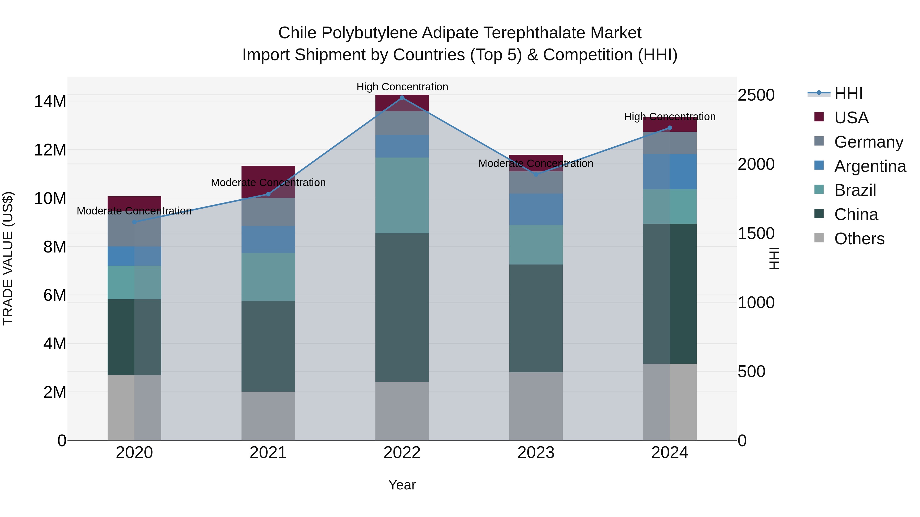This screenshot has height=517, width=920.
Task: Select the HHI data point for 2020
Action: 134,222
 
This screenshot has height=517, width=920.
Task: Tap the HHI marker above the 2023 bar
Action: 536,174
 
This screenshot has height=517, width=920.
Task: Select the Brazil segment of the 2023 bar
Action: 536,245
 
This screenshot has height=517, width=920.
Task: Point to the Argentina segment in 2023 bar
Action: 536,209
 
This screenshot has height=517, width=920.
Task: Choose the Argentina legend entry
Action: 870,166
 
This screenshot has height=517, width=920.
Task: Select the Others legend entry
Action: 859,239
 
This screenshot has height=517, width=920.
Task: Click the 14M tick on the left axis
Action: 50,102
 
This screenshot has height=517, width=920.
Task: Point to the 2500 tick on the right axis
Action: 756,95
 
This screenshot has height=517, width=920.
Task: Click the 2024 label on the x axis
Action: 670,453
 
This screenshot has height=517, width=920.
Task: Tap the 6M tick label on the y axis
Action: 55,295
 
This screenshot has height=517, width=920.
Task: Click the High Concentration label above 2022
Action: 402,87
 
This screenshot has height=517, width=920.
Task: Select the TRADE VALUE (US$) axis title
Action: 8,258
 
